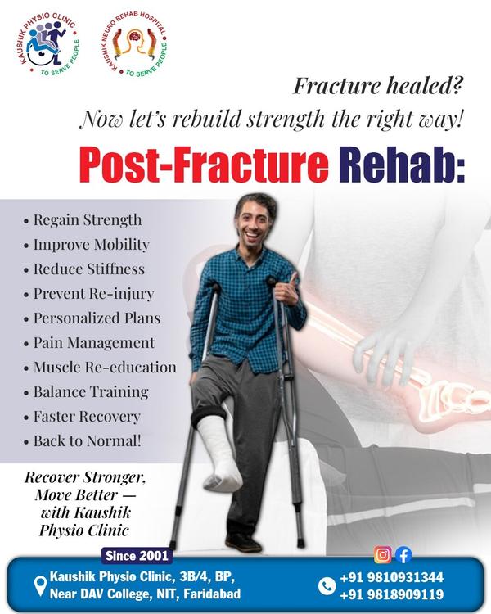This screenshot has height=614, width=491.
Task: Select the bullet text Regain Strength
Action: click(88, 220)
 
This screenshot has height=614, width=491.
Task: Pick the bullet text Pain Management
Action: click(94, 343)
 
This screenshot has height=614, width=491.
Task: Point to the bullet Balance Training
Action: click(91, 392)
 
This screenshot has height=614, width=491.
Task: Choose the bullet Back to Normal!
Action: click(88, 441)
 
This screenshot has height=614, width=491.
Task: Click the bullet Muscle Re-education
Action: click(105, 368)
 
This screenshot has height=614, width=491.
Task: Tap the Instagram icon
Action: click(382, 555)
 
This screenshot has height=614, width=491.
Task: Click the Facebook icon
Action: click(403, 555)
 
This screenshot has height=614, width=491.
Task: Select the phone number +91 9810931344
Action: click(392, 577)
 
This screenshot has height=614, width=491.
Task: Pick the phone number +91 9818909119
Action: click(392, 594)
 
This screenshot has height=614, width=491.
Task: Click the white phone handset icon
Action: click(327, 585)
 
